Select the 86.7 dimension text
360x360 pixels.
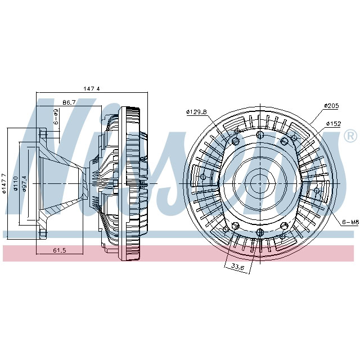point(69,102)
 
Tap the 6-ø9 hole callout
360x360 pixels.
point(56,117)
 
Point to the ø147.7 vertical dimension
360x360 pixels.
point(4,183)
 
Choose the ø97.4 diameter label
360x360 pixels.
point(25,183)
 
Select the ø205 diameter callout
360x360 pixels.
point(332,105)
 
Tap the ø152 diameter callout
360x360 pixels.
point(334,123)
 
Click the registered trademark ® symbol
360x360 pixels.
point(349,136)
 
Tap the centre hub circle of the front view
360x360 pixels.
point(259,183)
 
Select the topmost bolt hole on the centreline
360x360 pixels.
point(259,134)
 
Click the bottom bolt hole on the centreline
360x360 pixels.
point(259,232)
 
